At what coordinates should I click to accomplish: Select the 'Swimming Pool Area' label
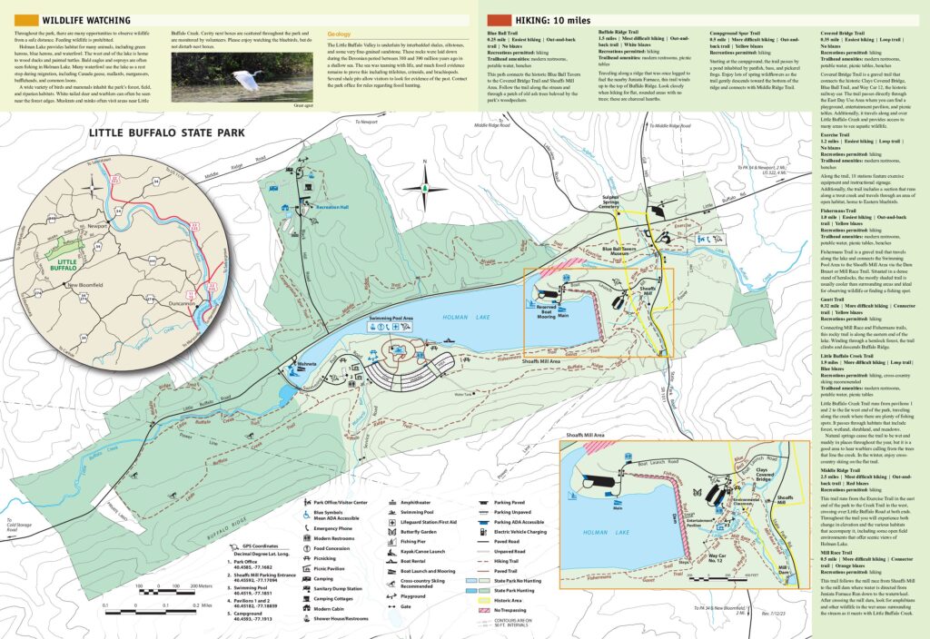(391, 319)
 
